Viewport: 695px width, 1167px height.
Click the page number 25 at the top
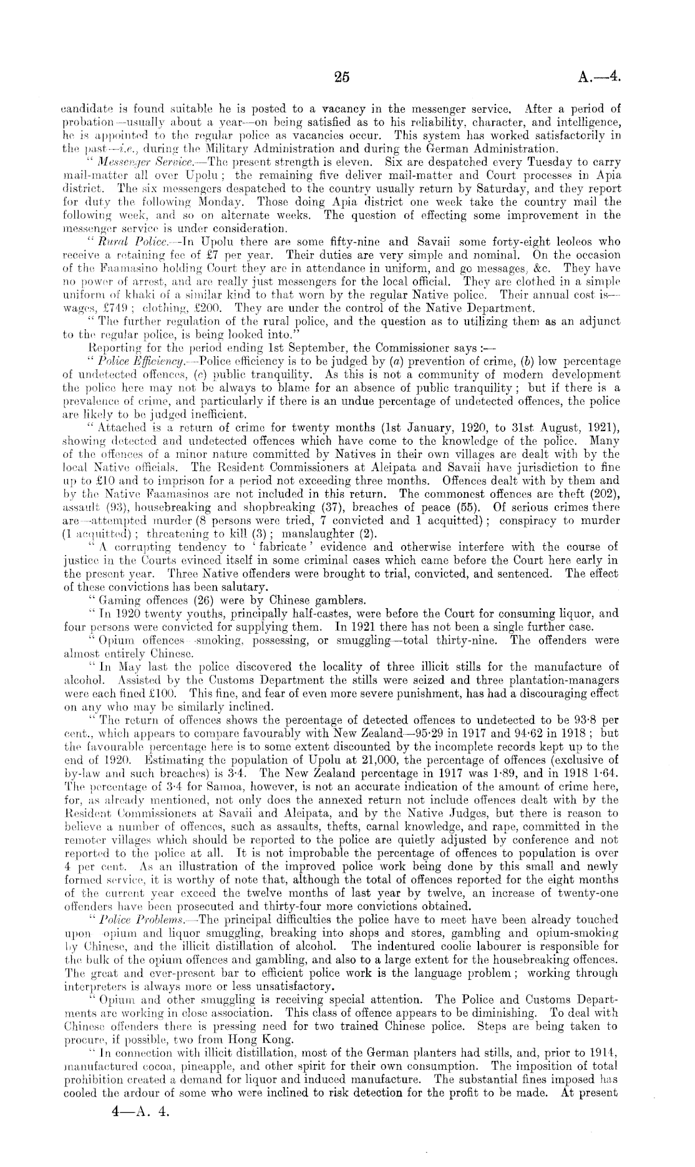[341, 77]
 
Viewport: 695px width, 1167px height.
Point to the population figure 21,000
[406, 759]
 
